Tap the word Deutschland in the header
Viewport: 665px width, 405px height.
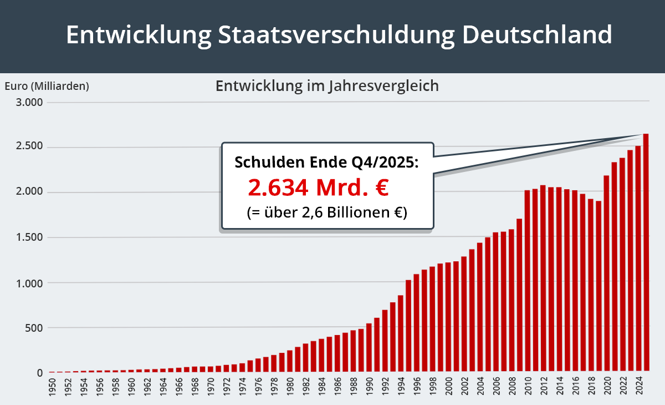pos(536,34)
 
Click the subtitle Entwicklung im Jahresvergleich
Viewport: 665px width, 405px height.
pos(327,87)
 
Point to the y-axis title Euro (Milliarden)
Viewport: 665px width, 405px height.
pos(47,86)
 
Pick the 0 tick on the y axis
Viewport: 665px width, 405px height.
pos(39,373)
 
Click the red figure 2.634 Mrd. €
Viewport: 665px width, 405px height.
pos(318,188)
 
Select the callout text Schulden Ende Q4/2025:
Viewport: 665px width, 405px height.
pos(326,163)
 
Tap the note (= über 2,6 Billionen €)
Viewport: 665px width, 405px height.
pos(327,212)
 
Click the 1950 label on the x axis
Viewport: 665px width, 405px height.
pos(52,388)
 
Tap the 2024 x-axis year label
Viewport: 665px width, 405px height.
pos(638,388)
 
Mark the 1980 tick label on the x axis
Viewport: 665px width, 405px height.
pos(290,388)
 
